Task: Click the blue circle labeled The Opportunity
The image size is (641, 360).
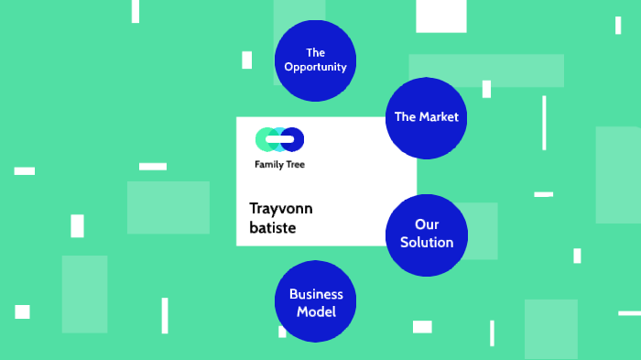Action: [315, 60]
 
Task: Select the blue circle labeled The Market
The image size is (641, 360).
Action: [426, 117]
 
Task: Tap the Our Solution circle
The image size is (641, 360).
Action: [426, 234]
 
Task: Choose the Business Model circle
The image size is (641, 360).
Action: [315, 301]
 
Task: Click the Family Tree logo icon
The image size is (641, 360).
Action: [279, 139]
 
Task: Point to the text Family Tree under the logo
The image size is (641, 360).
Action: [279, 165]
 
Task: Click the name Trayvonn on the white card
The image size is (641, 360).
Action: [282, 207]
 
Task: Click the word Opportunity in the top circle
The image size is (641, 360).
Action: [315, 67]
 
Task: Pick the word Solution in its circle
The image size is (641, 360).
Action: [426, 242]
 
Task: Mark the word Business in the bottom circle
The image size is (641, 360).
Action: [316, 294]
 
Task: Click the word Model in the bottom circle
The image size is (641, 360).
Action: [316, 311]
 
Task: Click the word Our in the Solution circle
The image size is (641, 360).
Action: [426, 224]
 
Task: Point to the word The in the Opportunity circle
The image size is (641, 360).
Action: [315, 52]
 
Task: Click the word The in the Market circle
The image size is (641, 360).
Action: [405, 117]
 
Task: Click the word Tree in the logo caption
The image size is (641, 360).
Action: [295, 165]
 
